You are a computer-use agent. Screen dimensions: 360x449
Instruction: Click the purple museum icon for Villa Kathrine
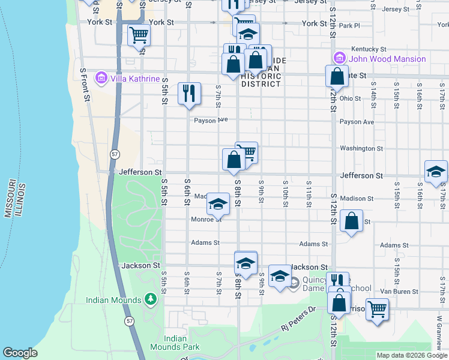pyautogui.click(x=100, y=79)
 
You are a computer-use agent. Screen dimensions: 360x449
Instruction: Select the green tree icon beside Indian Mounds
pyautogui.click(x=151, y=299)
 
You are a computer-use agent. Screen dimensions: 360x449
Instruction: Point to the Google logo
pyautogui.click(x=20, y=353)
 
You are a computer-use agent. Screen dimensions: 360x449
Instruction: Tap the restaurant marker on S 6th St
pyautogui.click(x=188, y=93)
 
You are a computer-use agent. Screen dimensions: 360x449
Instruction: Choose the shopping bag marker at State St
pyautogui.click(x=337, y=77)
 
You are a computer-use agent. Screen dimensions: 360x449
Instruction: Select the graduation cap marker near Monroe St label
pyautogui.click(x=218, y=205)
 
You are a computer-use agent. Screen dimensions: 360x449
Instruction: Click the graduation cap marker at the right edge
pyautogui.click(x=435, y=172)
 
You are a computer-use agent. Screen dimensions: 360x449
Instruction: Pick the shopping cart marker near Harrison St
pyautogui.click(x=376, y=310)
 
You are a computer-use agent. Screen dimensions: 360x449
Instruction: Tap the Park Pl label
pyautogui.click(x=349, y=26)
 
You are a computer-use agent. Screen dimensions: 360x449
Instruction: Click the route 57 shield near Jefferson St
pyautogui.click(x=114, y=154)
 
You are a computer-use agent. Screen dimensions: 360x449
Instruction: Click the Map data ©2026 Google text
pyautogui.click(x=412, y=355)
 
